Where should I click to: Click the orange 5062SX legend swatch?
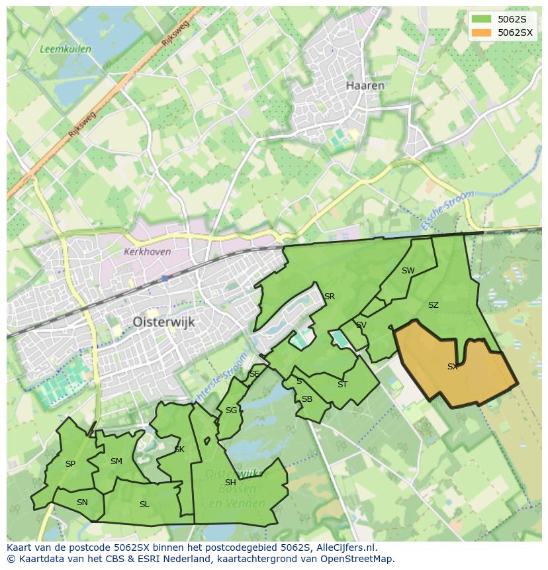482,32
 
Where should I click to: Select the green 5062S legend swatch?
482,19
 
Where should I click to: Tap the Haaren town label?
365,85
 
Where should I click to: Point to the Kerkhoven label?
147,252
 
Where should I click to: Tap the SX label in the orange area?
453,366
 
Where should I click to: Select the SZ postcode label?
434,305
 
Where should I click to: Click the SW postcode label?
408,270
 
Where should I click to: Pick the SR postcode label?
330,296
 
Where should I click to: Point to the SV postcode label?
361,325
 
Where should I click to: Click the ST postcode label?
342,384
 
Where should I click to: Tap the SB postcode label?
307,399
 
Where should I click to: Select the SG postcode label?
231,410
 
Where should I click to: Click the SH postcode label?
230,482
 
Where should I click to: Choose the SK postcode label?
179,450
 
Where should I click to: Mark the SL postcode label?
144,504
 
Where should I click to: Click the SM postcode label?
116,461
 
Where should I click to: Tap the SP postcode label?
70,464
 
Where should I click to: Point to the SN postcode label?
82,502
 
